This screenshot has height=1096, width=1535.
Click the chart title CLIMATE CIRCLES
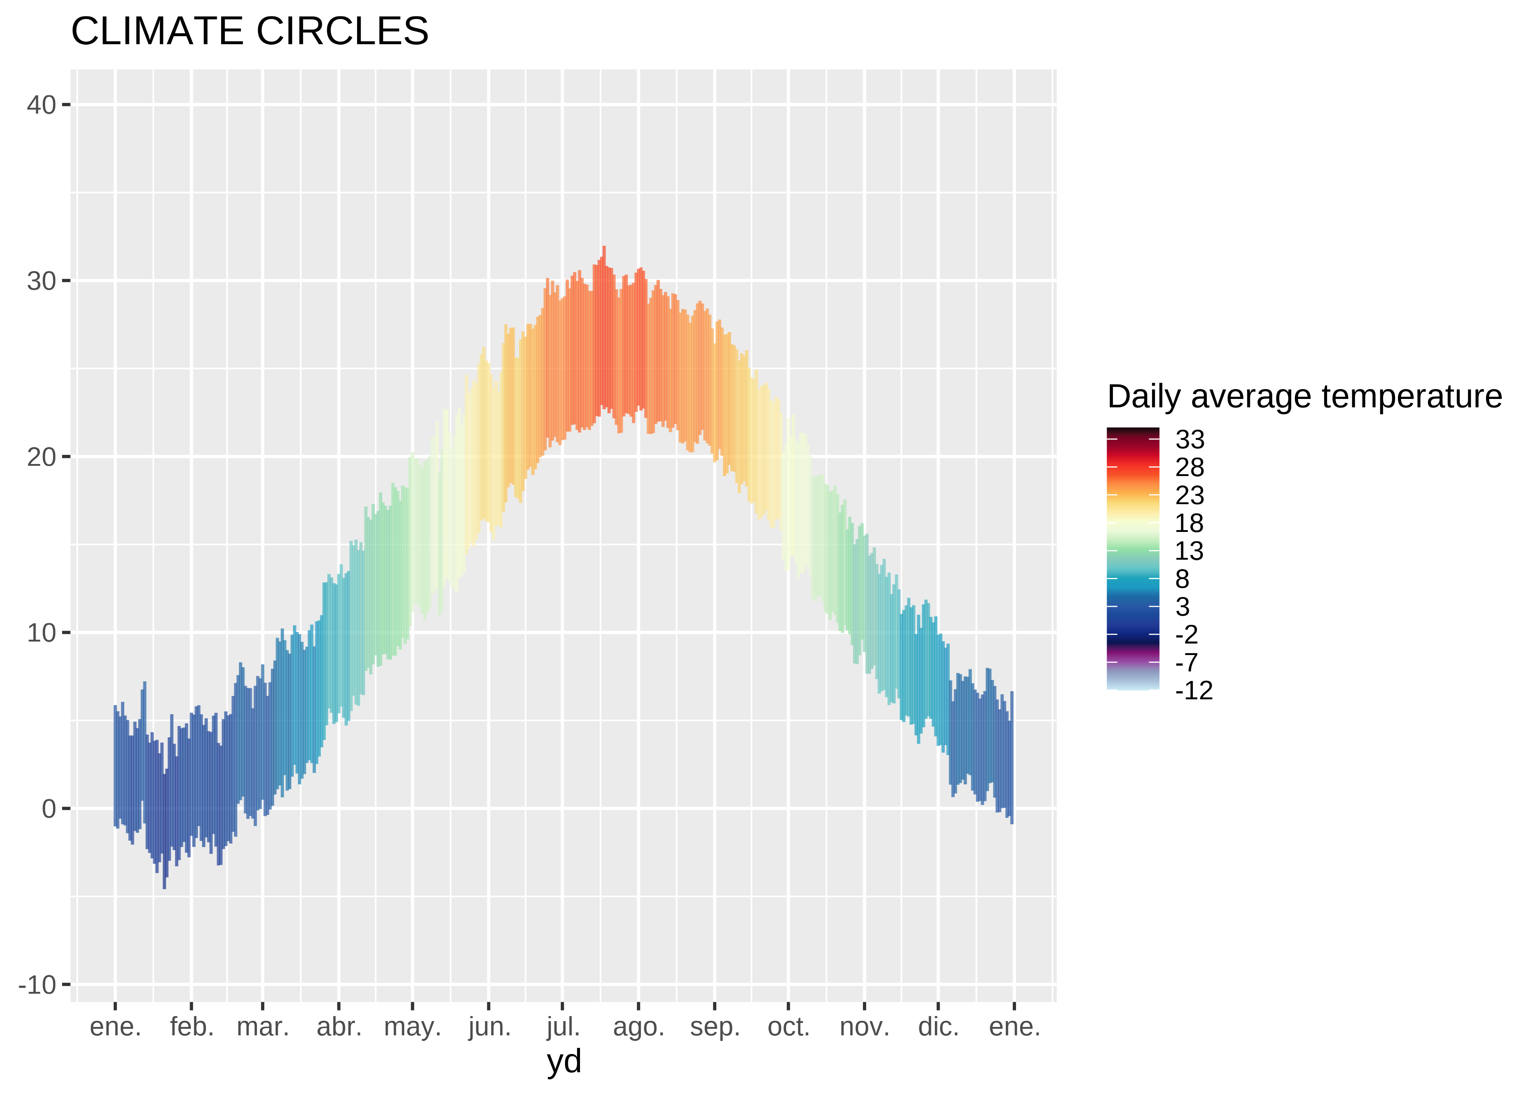[249, 31]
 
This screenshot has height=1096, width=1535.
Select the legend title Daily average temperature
[1304, 397]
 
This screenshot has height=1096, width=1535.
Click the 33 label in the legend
[1189, 440]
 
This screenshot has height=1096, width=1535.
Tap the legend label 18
[1189, 524]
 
